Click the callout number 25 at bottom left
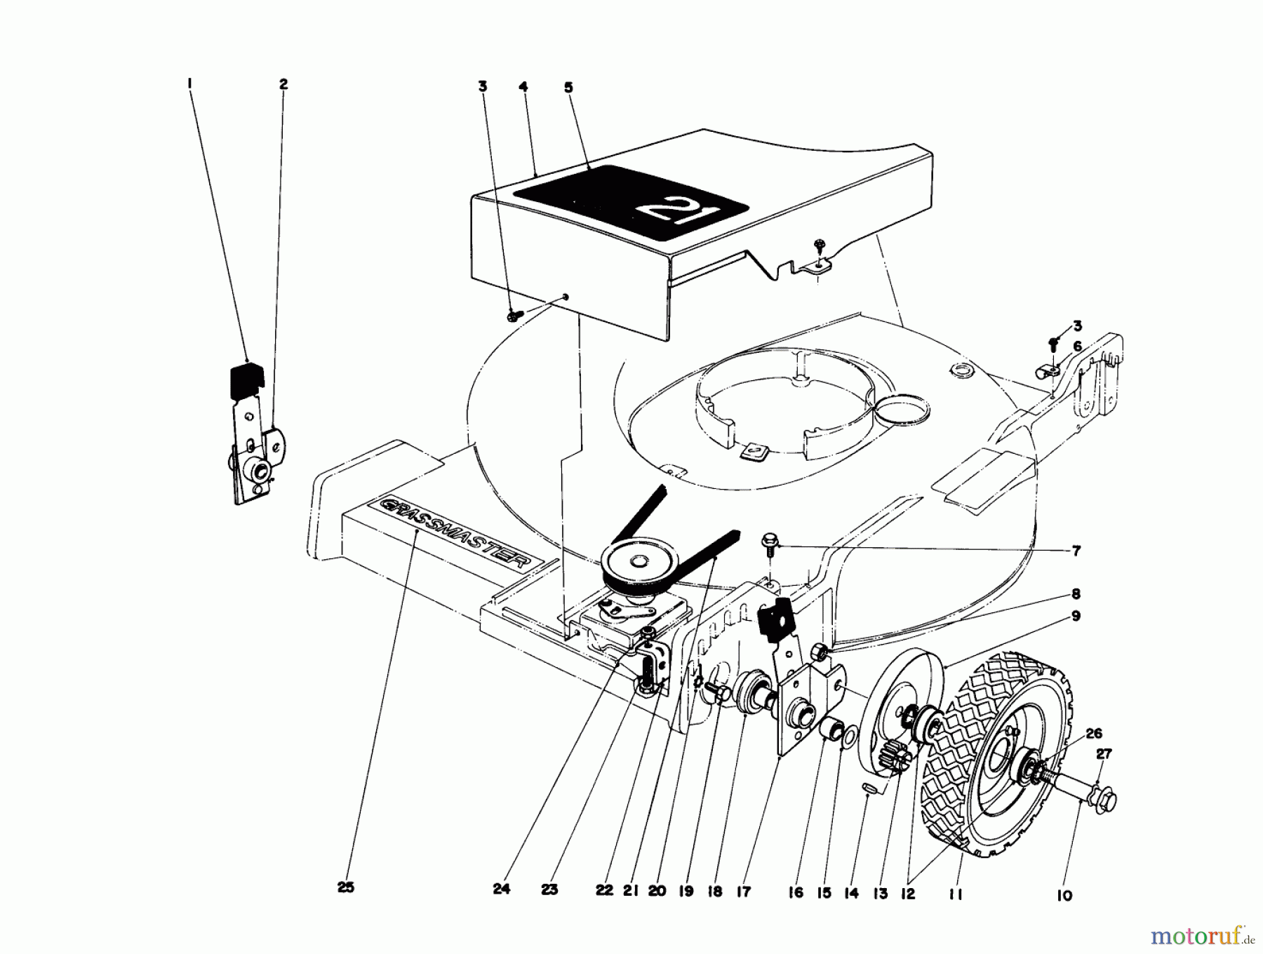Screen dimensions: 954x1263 coord(345,887)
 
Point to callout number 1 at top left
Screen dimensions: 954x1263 coord(189,83)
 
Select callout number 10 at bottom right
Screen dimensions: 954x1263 coord(1064,895)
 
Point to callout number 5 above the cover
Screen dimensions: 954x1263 coord(568,88)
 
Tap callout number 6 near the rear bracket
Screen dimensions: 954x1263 coord(1077,345)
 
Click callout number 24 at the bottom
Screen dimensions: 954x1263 coord(500,889)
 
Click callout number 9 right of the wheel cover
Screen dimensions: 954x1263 coord(1076,616)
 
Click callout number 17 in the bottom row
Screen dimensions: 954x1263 coord(744,892)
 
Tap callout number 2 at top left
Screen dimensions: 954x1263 coord(283,84)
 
